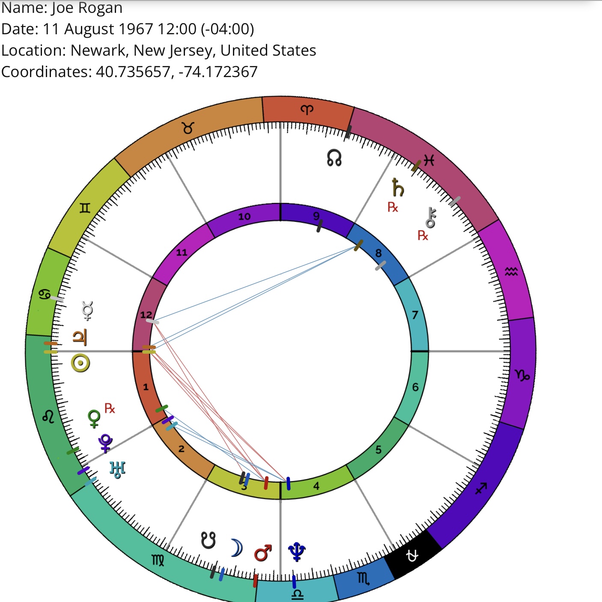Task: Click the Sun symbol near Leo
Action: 80,363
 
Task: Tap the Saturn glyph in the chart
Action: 398,187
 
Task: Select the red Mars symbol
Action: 263,553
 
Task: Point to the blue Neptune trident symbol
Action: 297,551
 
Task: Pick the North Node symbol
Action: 334,158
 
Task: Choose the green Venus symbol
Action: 94,419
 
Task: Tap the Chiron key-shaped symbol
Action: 431,218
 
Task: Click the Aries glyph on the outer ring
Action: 307,109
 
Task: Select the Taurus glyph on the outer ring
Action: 188,128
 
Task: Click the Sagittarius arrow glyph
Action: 481,488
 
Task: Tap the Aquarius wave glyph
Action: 511,271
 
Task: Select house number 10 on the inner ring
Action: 244,216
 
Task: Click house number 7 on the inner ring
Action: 414,315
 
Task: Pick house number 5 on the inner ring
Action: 378,450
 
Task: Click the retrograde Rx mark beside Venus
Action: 110,408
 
